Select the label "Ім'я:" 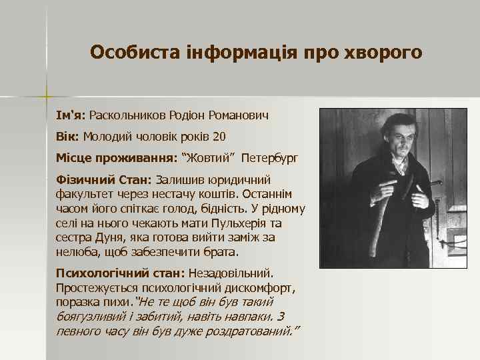click(71, 115)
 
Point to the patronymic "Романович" click(239, 115)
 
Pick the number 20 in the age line click(219, 137)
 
